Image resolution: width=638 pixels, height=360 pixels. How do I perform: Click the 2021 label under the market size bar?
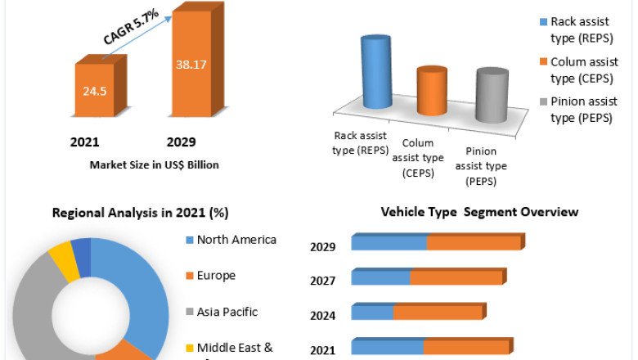(85, 142)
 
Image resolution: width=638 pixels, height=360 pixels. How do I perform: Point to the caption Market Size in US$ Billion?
(154, 164)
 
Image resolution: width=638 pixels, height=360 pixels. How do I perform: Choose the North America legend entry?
(236, 240)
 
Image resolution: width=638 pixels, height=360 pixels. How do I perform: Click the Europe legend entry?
(216, 276)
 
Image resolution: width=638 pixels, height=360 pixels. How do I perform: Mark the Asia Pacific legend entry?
(227, 312)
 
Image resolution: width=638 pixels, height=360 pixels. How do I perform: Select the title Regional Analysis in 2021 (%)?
(140, 213)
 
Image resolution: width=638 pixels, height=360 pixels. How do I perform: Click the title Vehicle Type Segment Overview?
(479, 212)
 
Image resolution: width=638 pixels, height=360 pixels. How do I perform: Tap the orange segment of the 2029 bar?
(474, 243)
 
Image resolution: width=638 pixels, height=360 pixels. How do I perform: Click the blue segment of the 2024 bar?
(372, 313)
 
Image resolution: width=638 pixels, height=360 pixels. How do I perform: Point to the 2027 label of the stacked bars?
(322, 281)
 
